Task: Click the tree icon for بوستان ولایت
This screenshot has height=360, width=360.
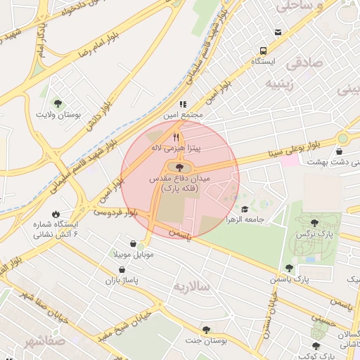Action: pyautogui.click(x=58, y=103)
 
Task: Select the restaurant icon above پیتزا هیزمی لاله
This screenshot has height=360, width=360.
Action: pyautogui.click(x=176, y=138)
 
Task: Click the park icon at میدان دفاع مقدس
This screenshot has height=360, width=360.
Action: pyautogui.click(x=179, y=167)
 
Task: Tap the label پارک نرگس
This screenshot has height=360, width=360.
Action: pyautogui.click(x=313, y=233)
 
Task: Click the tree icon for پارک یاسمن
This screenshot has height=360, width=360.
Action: pyautogui.click(x=289, y=268)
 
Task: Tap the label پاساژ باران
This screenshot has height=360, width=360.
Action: pyautogui.click(x=120, y=281)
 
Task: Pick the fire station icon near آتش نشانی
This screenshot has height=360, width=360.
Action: pyautogui.click(x=55, y=214)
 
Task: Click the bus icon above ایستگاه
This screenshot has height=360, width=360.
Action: pyautogui.click(x=263, y=51)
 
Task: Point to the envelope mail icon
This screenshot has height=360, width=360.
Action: pyautogui.click(x=278, y=32)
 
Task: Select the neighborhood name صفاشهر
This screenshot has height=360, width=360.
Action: pyautogui.click(x=25, y=343)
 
